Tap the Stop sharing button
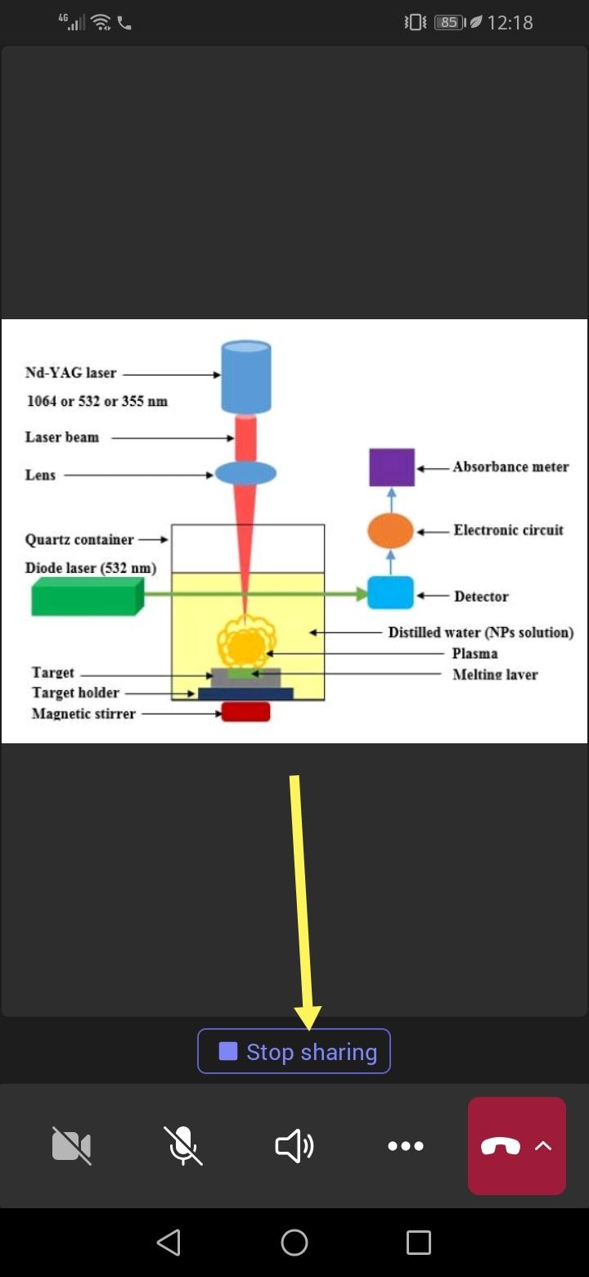coord(294,1051)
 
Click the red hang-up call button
coord(501,1146)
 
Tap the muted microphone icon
coord(183,1146)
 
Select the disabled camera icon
coord(72,1146)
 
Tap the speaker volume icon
coord(294,1146)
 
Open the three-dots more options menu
coord(406,1146)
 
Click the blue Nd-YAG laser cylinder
coord(246,377)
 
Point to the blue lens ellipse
coord(245,473)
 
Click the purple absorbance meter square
coord(392,467)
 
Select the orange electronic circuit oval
coord(390,530)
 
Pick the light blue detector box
coord(390,593)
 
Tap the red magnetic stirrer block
coord(245,712)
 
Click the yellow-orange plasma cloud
coord(245,643)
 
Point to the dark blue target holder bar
coord(245,693)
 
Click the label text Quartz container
coord(79,540)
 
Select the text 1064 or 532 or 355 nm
coord(97,401)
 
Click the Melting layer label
coord(495,675)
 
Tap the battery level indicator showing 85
coord(448,22)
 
